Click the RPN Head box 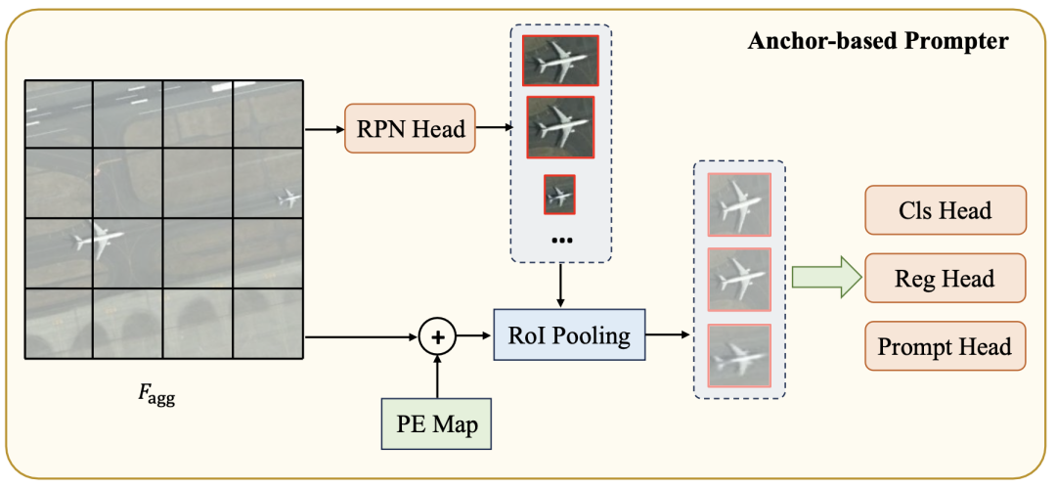click(410, 128)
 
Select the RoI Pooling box click(570, 335)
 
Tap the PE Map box click(438, 424)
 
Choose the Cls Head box click(945, 210)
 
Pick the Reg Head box click(945, 278)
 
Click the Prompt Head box click(945, 346)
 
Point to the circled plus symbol click(438, 335)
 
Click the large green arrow click(825, 278)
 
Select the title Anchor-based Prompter click(878, 42)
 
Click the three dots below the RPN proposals click(560, 241)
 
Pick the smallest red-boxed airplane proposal click(559, 195)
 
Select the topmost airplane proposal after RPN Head click(560, 60)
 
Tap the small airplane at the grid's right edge click(288, 199)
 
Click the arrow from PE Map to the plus click(438, 377)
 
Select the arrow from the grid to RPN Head click(325, 129)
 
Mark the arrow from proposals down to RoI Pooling click(560, 286)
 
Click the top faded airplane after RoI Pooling click(739, 204)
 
